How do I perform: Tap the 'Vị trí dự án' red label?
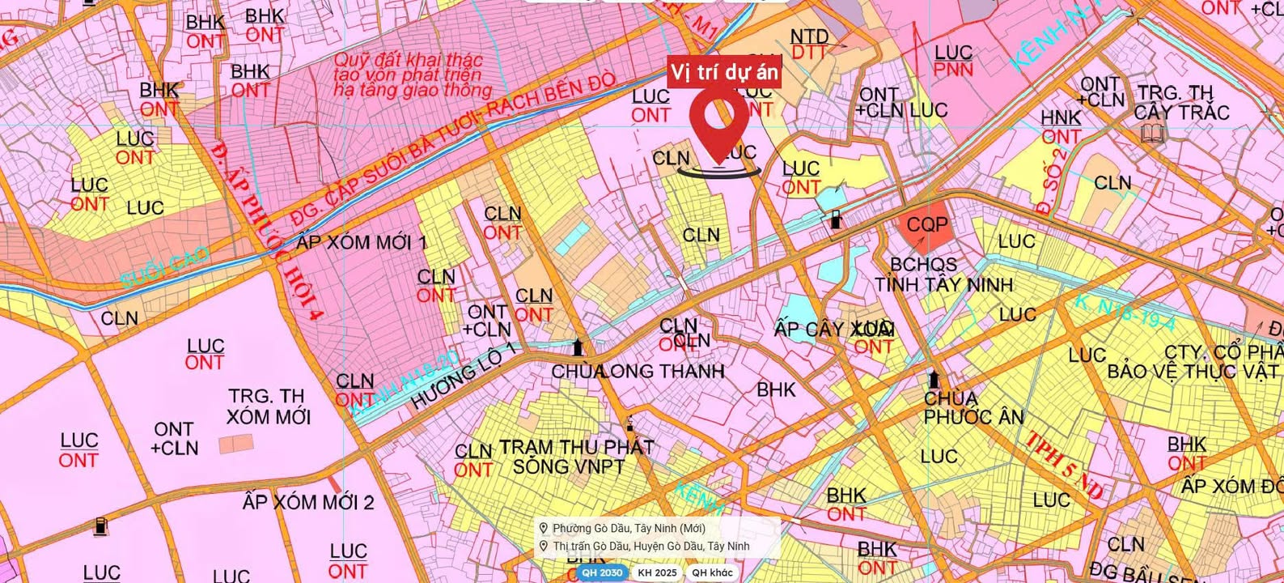[x=724, y=73]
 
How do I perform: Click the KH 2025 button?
[x=657, y=572]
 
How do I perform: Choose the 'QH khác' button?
[x=712, y=572]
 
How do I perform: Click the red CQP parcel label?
[x=927, y=224]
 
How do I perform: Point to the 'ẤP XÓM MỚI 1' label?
[x=362, y=242]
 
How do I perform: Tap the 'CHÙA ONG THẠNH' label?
[x=638, y=372]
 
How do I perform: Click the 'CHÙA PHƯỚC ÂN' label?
[x=973, y=408]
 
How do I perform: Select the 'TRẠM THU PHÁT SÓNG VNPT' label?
[x=576, y=457]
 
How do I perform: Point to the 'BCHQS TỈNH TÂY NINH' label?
[x=943, y=274]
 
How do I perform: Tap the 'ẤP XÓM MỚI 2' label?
[x=308, y=502]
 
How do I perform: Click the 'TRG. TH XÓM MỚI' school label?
[x=268, y=406]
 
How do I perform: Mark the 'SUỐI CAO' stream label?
[x=165, y=267]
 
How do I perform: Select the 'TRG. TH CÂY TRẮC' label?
[x=1181, y=104]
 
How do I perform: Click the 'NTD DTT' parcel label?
[x=809, y=45]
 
